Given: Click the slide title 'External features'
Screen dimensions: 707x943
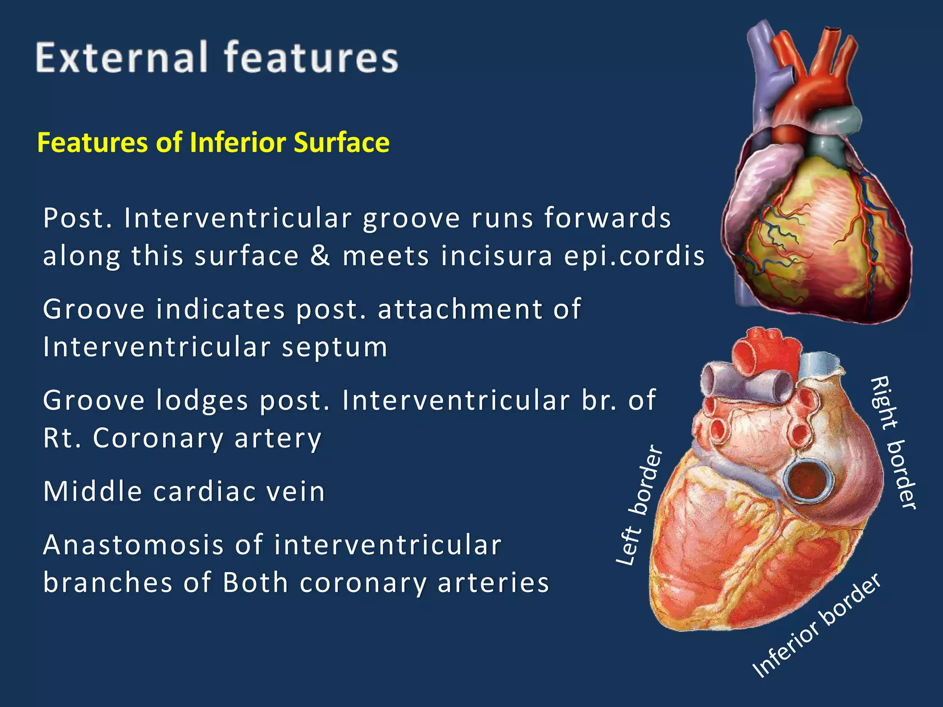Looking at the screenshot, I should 217,58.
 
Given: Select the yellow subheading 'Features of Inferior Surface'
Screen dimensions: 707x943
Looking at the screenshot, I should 213,142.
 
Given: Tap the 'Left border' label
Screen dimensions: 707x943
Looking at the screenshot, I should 640,505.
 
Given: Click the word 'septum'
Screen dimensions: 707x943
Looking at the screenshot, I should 335,347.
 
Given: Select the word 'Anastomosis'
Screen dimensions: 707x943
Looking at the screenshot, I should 134,545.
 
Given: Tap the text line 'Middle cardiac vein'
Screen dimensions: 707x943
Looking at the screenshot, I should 184,491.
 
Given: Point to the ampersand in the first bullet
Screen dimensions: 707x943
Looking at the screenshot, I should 320,256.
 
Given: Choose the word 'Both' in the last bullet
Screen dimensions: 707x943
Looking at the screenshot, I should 255,583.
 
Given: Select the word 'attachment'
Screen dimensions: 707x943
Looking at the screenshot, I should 460,309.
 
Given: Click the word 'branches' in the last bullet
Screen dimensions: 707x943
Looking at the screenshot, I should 108,583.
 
